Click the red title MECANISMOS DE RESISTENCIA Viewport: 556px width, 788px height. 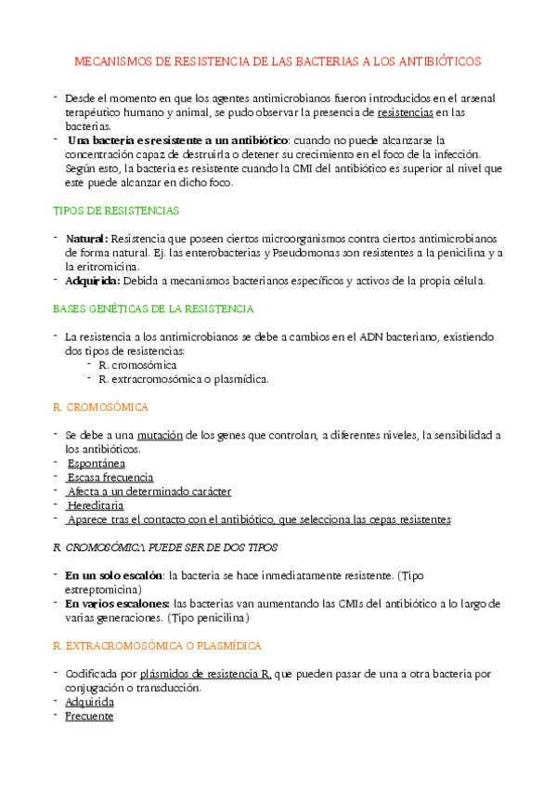pyautogui.click(x=278, y=61)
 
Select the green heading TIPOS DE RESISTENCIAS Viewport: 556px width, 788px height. pyautogui.click(x=116, y=211)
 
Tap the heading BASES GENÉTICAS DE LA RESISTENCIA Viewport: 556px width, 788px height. pyautogui.click(x=153, y=308)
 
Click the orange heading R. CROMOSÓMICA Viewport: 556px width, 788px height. pyautogui.click(x=101, y=407)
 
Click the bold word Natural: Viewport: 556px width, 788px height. pyautogui.click(x=87, y=239)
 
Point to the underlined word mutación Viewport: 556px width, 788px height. pyautogui.click(x=160, y=435)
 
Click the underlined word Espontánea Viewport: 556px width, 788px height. pyautogui.click(x=97, y=463)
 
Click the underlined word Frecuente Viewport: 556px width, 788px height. pyautogui.click(x=90, y=716)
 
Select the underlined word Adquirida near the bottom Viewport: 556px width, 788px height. pyautogui.click(x=90, y=703)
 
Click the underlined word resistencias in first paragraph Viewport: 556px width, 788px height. pyautogui.click(x=406, y=112)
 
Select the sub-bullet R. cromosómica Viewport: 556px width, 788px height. pyautogui.click(x=137, y=365)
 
